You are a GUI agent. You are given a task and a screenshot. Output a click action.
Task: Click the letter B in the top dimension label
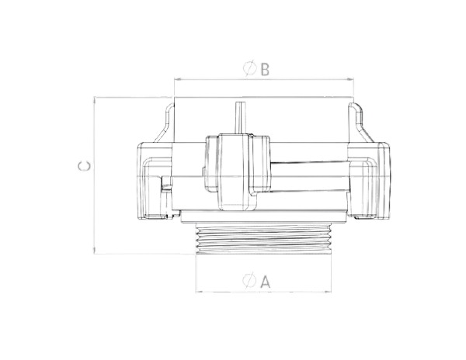tap(265, 69)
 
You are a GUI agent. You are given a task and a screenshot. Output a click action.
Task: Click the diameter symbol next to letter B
tap(249, 68)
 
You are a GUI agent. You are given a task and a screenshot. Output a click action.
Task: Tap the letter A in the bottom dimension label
tap(266, 282)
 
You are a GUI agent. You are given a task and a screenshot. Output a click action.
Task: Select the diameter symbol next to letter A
tap(249, 280)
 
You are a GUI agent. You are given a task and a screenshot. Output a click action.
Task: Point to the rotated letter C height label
tap(84, 166)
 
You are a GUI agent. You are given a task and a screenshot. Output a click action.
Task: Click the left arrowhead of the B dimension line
tap(177, 79)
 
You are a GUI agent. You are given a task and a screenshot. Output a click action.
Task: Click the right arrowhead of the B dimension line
tap(351, 79)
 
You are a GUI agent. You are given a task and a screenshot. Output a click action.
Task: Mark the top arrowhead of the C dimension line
tap(94, 100)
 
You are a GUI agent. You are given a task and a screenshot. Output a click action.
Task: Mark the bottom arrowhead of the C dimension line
tap(94, 251)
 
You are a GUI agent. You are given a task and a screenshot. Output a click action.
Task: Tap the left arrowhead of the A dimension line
tap(199, 292)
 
